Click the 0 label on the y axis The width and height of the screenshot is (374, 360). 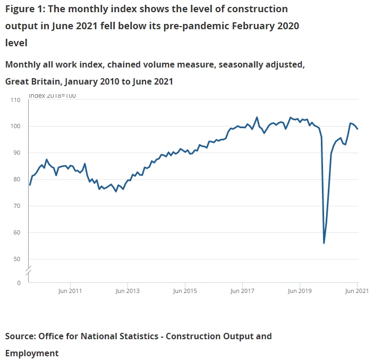18,283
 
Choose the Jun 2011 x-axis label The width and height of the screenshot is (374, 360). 70,291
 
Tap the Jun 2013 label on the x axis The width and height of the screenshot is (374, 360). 127,291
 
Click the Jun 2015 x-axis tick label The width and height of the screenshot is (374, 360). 185,291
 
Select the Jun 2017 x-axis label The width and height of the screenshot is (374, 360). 243,291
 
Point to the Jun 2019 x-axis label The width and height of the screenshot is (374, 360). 300,291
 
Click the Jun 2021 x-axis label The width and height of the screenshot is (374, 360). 357,291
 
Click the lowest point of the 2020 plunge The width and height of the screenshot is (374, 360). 324,243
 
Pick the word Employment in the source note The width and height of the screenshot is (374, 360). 32,353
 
